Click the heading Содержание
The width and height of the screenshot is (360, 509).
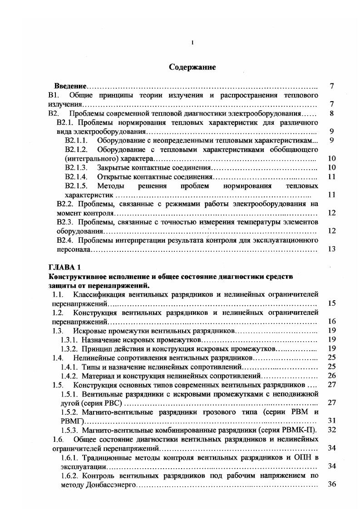[x=192, y=68]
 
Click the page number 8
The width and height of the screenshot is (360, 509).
[x=332, y=113]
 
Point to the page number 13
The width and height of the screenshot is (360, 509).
[x=331, y=249]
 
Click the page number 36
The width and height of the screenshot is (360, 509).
[x=331, y=485]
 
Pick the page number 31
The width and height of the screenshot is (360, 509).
[x=331, y=421]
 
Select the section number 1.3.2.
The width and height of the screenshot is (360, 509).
[x=69, y=348]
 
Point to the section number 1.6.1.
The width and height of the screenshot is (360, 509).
[x=69, y=457]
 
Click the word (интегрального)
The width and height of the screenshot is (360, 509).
[x=89, y=159]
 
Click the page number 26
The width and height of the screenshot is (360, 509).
[x=331, y=376]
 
